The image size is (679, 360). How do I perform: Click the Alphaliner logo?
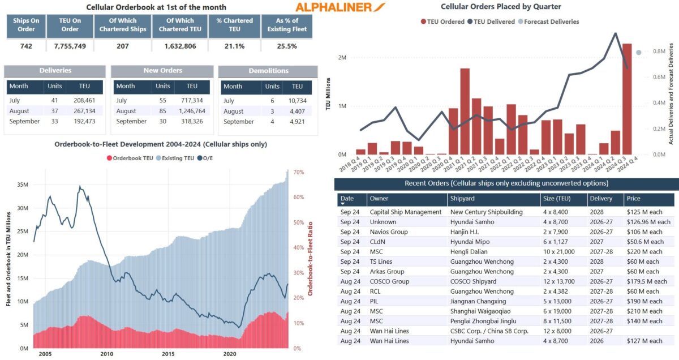click(341, 7)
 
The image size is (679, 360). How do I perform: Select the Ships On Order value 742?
click(27, 46)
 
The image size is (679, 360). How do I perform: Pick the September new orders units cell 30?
click(163, 122)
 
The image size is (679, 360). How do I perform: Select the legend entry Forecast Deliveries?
click(548, 22)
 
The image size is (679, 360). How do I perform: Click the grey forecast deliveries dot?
click(638, 53)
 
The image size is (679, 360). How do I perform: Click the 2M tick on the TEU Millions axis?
click(341, 58)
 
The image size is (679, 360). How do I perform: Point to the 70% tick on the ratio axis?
click(299, 172)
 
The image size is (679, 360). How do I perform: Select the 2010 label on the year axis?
click(107, 354)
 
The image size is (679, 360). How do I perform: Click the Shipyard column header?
click(462, 199)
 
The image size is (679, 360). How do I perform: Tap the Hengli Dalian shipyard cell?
click(470, 251)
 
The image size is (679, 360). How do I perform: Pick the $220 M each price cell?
click(644, 251)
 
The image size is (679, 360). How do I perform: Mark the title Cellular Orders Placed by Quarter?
click(501, 7)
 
